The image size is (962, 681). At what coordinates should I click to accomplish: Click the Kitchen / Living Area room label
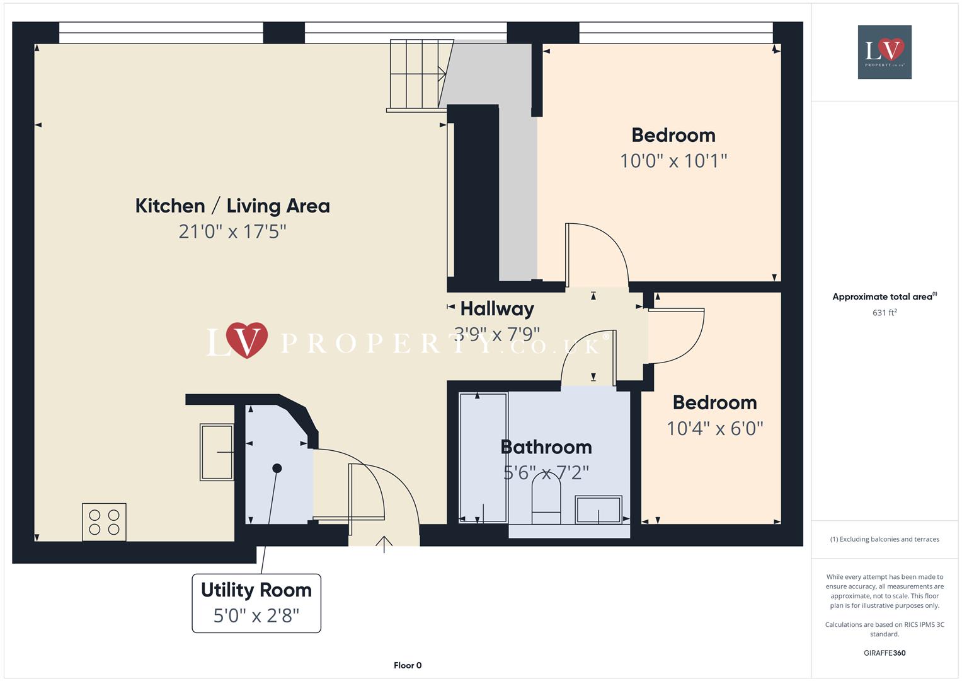click(232, 206)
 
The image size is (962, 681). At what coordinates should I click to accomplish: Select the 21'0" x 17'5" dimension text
click(232, 231)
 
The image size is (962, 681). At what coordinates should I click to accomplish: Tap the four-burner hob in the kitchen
click(104, 522)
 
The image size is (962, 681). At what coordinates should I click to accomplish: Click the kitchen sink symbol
click(217, 452)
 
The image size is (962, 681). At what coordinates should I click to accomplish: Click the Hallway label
click(497, 308)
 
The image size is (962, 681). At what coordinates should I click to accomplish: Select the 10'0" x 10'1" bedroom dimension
click(673, 161)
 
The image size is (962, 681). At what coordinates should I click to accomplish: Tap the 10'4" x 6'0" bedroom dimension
click(714, 429)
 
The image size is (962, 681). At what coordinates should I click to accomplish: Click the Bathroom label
click(546, 447)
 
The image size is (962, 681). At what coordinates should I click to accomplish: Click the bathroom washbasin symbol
click(598, 509)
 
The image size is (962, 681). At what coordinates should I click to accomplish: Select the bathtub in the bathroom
click(483, 458)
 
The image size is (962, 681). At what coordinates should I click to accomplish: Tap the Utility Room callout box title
click(256, 590)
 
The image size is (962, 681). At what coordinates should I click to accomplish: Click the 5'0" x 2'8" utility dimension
click(256, 615)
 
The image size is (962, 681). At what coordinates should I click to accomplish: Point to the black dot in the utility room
click(277, 468)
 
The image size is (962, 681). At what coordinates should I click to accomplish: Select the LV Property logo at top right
click(885, 52)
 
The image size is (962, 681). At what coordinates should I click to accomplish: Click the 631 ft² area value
click(885, 313)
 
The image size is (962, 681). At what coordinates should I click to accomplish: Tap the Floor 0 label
click(408, 665)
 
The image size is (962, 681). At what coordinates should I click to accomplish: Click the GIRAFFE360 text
click(885, 653)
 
